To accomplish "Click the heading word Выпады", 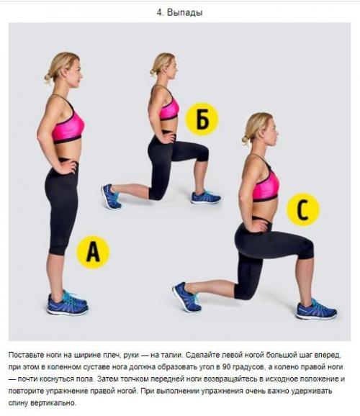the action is [x=185, y=12].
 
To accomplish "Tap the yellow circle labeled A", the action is [x=93, y=252].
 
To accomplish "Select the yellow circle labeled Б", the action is [x=202, y=119].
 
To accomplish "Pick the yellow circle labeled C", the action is [x=303, y=209].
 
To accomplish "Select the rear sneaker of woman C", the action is [x=186, y=297].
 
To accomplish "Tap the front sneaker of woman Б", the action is [x=206, y=197].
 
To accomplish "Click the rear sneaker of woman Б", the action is [x=111, y=196].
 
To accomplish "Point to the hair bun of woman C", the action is [x=246, y=140].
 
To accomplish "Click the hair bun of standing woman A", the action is [x=48, y=78].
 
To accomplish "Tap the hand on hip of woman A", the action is [x=68, y=166].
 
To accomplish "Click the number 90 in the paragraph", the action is [x=227, y=367].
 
